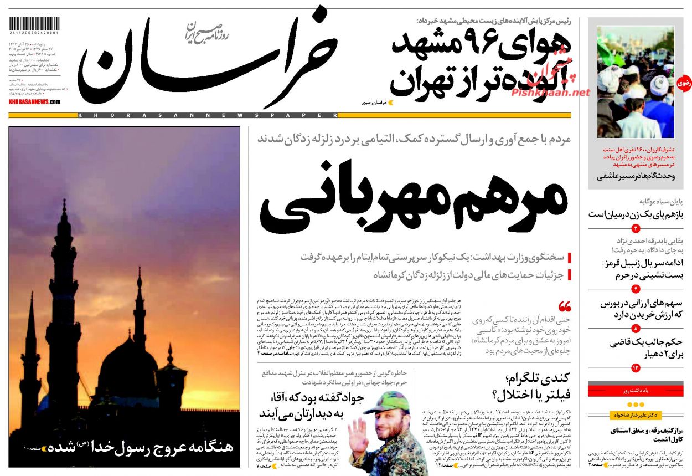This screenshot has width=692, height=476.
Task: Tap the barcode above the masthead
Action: pos(34,25)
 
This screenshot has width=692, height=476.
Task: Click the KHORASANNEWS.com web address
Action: pos(34,102)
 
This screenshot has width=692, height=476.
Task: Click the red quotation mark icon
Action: pos(565,306)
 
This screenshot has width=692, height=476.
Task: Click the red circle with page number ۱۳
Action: pos(636,368)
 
